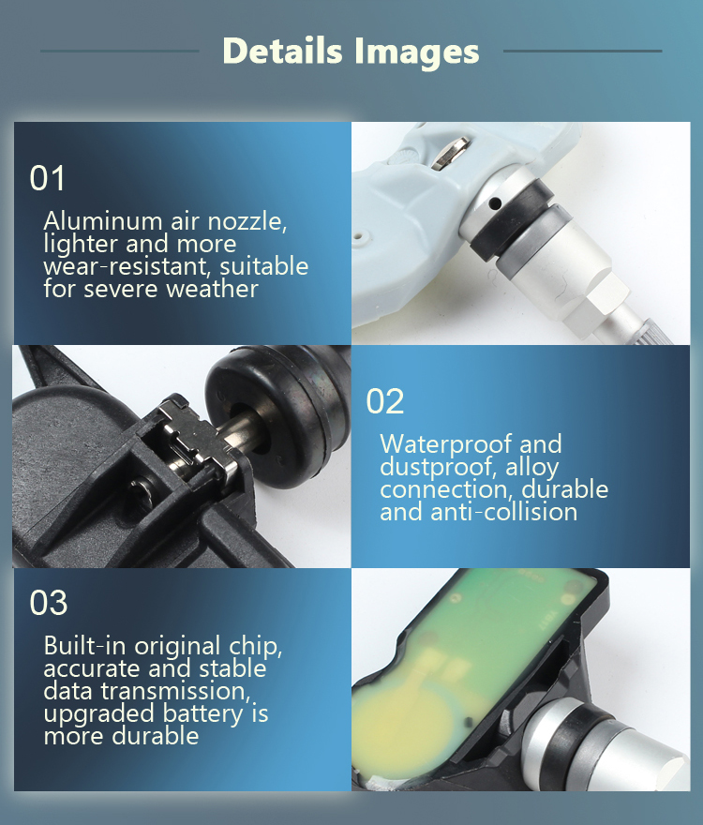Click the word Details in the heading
[x=282, y=51]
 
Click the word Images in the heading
[x=416, y=52]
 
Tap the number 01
[x=48, y=178]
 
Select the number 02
[x=384, y=401]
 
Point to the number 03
[x=49, y=603]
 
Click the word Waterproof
[x=445, y=443]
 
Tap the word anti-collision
[x=503, y=512]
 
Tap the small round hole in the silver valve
[x=494, y=203]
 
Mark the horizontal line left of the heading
[x=119, y=51]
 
